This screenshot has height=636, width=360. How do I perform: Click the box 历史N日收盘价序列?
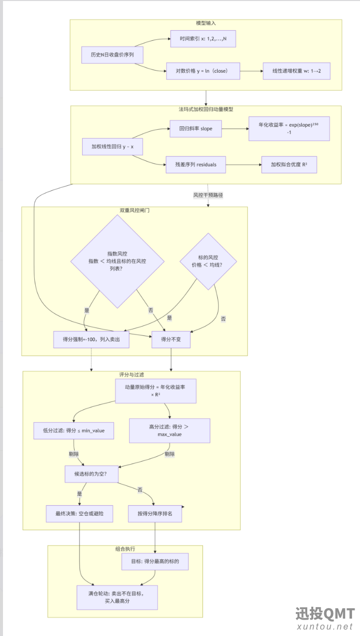[x=112, y=55]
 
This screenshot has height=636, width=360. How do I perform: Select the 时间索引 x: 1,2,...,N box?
[x=203, y=39]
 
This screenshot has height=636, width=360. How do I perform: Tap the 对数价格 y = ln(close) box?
[x=203, y=71]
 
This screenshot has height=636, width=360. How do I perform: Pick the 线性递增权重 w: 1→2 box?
[x=296, y=71]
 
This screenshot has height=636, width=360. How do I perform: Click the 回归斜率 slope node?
[x=195, y=129]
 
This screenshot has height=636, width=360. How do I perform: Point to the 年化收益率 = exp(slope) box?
[x=289, y=129]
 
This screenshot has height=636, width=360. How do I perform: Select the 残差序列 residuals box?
[x=196, y=164]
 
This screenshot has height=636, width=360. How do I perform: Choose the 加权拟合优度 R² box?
[x=289, y=164]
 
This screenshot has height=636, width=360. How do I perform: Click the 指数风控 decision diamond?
[x=117, y=261]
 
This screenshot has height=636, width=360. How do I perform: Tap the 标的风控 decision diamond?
[x=208, y=261]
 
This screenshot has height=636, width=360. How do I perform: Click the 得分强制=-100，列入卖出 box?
[x=91, y=339]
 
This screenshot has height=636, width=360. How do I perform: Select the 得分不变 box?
[x=171, y=339]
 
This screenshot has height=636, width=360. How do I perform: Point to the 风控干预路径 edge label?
[x=208, y=195]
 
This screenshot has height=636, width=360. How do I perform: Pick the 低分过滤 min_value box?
[x=74, y=431]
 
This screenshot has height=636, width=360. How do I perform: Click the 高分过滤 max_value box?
[x=170, y=430]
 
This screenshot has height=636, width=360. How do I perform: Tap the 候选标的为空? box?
[x=91, y=474]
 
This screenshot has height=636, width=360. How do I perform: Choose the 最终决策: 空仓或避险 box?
[x=79, y=514]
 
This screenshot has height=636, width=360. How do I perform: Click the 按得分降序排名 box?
[x=155, y=514]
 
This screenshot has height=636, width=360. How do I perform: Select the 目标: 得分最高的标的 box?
[x=155, y=561]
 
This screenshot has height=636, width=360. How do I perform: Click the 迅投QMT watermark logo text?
[x=325, y=614]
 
